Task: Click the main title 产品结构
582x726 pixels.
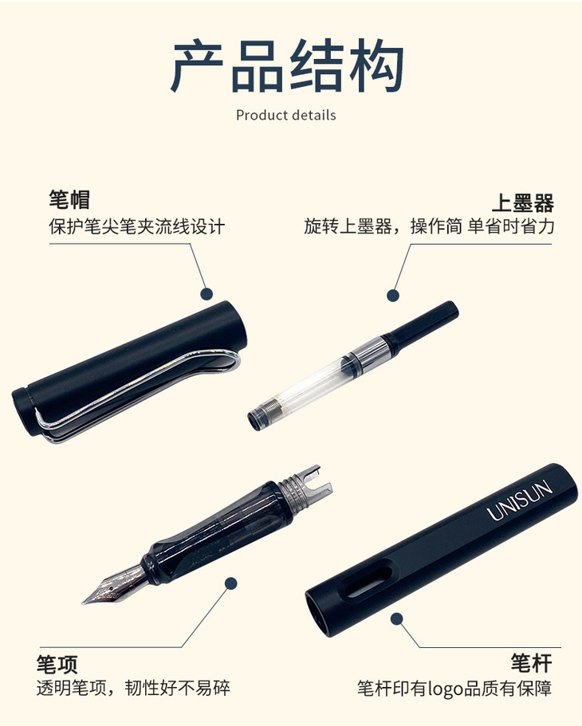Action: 287,66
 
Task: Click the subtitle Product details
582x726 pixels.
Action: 286,115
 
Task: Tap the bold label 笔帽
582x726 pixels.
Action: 69,199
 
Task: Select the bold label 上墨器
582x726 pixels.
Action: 523,202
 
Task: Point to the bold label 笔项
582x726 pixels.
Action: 57,665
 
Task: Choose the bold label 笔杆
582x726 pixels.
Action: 532,663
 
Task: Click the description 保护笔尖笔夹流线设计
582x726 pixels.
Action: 136,226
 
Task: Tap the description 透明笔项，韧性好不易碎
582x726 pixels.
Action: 133,688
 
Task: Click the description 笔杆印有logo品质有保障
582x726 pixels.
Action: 454,689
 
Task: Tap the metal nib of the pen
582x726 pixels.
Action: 116,585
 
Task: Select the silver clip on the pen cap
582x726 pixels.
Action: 139,394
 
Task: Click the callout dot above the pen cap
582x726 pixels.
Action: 206,293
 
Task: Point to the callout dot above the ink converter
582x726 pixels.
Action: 393,295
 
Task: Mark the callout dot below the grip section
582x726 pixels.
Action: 230,583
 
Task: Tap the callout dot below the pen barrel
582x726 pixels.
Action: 397,618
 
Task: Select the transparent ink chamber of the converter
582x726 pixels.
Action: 314,385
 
